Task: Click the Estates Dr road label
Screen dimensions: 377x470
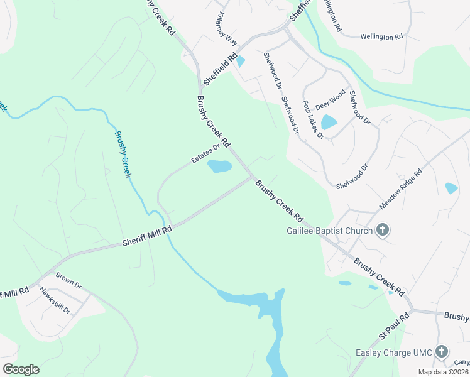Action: [206, 155]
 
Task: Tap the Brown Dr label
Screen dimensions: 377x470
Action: [68, 280]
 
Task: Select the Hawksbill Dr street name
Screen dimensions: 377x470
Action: [55, 301]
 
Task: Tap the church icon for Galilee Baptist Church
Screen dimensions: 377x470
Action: [382, 230]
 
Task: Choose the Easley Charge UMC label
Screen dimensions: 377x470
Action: [395, 352]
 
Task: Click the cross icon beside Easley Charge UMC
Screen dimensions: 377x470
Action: [442, 351]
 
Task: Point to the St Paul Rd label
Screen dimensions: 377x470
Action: [393, 327]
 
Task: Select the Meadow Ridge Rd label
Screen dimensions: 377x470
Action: [400, 189]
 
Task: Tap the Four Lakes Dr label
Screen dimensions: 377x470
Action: [312, 119]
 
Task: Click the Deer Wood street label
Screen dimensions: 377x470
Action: [330, 99]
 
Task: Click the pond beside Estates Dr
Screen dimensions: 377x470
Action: [219, 167]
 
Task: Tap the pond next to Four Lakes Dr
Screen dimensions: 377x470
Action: [329, 122]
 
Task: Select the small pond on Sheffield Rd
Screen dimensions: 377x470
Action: [241, 61]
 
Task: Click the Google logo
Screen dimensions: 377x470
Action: [21, 369]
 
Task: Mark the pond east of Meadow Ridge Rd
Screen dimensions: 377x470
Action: [451, 188]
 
